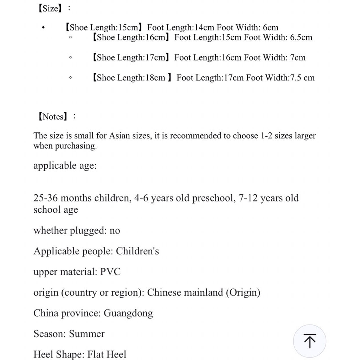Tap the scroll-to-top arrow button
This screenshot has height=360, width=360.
point(309,341)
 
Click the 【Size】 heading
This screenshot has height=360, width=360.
point(50,8)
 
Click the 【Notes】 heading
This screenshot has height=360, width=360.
point(52,116)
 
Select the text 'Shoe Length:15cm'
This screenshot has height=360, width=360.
point(103,27)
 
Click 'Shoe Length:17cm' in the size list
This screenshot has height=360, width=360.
point(130,57)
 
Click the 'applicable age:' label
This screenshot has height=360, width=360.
point(65,166)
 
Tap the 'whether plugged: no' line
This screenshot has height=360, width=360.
point(77,231)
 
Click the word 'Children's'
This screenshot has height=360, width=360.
point(137,251)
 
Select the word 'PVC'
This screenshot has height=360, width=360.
point(110,272)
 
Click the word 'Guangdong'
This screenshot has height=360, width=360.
point(128,313)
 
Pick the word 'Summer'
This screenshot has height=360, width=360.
point(87,334)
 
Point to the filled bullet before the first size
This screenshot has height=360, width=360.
point(43,28)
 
